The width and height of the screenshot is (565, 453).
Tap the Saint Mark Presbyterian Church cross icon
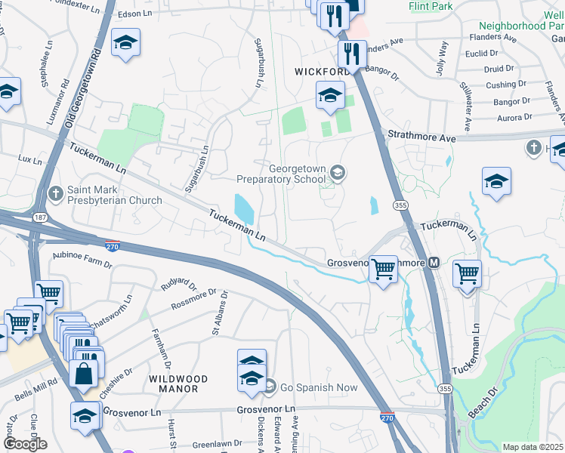tap(55, 194)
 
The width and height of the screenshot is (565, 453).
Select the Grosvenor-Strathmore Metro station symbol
tap(434, 263)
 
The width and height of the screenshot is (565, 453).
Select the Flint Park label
tap(430, 6)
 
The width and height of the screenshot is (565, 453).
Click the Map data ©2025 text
tap(533, 447)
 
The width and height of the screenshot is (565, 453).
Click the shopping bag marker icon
tap(83, 373)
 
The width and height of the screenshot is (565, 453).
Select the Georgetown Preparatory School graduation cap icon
tap(338, 174)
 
